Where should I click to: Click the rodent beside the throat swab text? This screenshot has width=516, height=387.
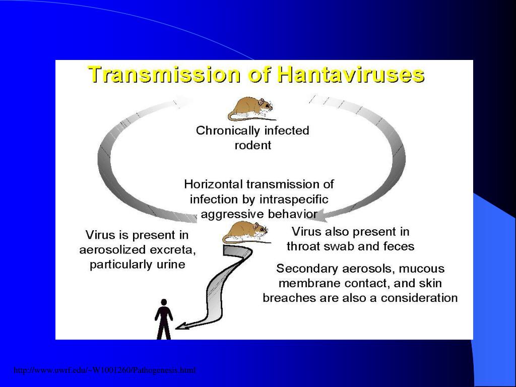[x=245, y=232]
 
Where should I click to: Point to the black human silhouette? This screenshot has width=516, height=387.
[x=163, y=319]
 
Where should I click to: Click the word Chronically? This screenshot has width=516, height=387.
[x=226, y=131]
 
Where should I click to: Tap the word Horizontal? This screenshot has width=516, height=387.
[x=213, y=184]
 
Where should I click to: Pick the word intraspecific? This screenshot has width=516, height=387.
[x=294, y=199]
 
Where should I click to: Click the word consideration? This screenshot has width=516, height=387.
[x=419, y=298]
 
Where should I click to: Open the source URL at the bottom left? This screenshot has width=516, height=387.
[x=104, y=371]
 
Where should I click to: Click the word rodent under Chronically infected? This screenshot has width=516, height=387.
[x=253, y=146]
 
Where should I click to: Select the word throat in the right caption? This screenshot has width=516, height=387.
[x=304, y=246]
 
